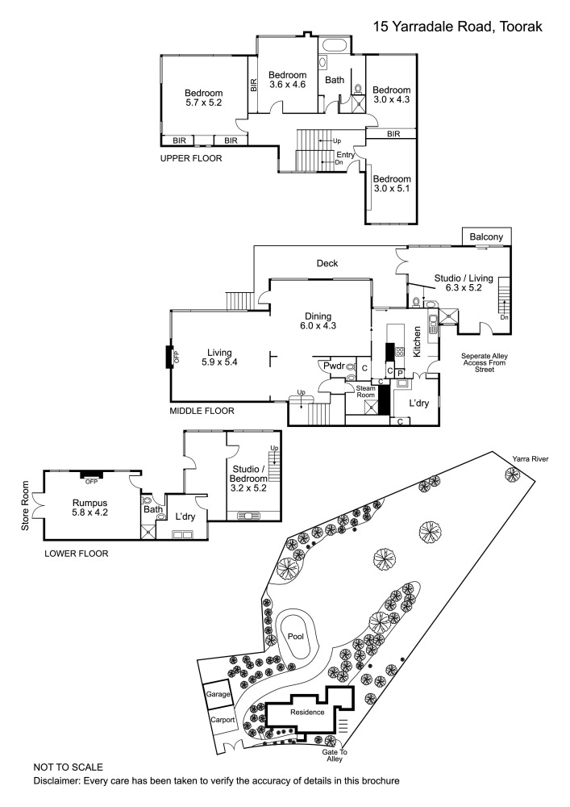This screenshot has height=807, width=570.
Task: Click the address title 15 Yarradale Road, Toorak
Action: point(457,27)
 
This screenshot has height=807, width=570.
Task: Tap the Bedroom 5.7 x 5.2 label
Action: point(203,97)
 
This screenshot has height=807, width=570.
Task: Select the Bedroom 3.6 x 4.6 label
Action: point(288,79)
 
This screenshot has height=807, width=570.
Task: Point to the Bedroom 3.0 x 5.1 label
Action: point(392,184)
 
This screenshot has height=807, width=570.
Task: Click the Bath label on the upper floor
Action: point(335,80)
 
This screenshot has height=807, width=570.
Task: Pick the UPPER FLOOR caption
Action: point(192,159)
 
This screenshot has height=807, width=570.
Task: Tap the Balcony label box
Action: point(488,236)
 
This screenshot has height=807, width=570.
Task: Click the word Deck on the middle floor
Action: point(327,264)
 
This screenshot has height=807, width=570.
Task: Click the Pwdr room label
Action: point(334,366)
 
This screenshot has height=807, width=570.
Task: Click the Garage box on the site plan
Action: point(218,693)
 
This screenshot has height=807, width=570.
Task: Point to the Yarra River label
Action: point(529,458)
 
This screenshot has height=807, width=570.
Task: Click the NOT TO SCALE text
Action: point(69,766)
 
